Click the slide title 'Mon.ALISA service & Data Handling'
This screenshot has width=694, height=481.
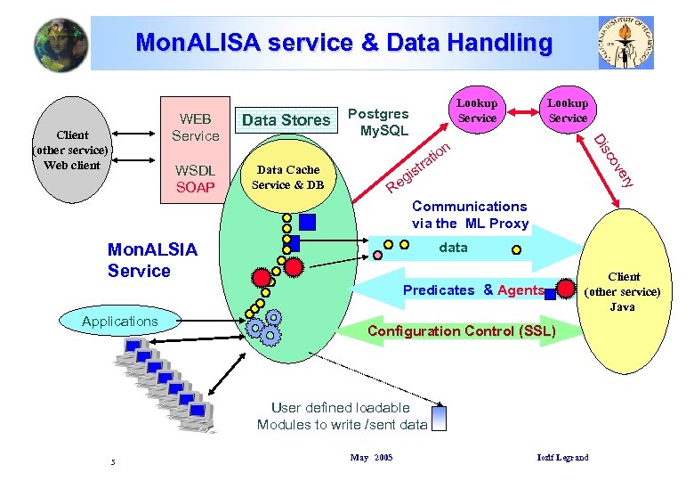click(343, 42)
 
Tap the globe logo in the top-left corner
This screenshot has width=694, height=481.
click(61, 44)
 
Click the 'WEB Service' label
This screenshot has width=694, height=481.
click(195, 127)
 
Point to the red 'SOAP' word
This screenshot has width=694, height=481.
click(195, 187)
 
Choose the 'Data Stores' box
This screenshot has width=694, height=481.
click(286, 119)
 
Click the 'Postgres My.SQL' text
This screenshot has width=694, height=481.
click(378, 122)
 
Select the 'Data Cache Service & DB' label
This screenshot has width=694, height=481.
click(287, 177)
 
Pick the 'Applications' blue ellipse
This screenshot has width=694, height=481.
click(119, 321)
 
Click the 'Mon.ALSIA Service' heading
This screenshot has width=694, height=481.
click(151, 260)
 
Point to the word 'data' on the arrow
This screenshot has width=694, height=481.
click(453, 248)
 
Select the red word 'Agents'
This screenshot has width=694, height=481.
click(520, 289)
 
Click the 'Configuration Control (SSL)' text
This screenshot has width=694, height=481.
click(461, 331)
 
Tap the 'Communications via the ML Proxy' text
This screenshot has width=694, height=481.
click(470, 215)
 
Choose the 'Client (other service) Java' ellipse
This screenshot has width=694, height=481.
click(623, 291)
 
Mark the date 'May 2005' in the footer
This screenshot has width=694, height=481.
click(371, 458)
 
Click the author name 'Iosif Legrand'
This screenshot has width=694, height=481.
click(562, 458)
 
